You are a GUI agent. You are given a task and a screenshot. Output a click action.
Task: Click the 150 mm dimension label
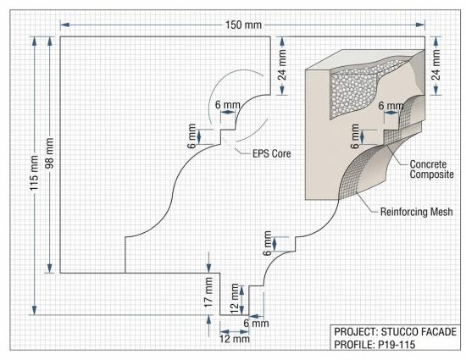coord(243,25)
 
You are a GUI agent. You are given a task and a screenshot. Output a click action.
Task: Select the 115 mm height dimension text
coord(34,173)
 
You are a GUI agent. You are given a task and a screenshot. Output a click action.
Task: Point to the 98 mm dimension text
coord(49,153)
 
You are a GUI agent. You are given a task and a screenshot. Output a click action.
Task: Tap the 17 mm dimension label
coord(208,292)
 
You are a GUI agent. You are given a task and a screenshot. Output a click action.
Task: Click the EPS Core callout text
coord(272,153)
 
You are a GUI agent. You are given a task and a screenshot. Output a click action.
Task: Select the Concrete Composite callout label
coord(432,169)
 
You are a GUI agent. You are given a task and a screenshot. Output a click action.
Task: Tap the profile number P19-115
coord(397,345)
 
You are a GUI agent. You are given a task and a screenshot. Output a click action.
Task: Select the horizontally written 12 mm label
coord(235,339)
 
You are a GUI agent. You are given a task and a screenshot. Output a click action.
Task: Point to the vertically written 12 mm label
coord(235,299)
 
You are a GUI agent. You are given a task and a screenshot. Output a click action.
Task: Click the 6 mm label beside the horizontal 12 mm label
coord(256,324)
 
